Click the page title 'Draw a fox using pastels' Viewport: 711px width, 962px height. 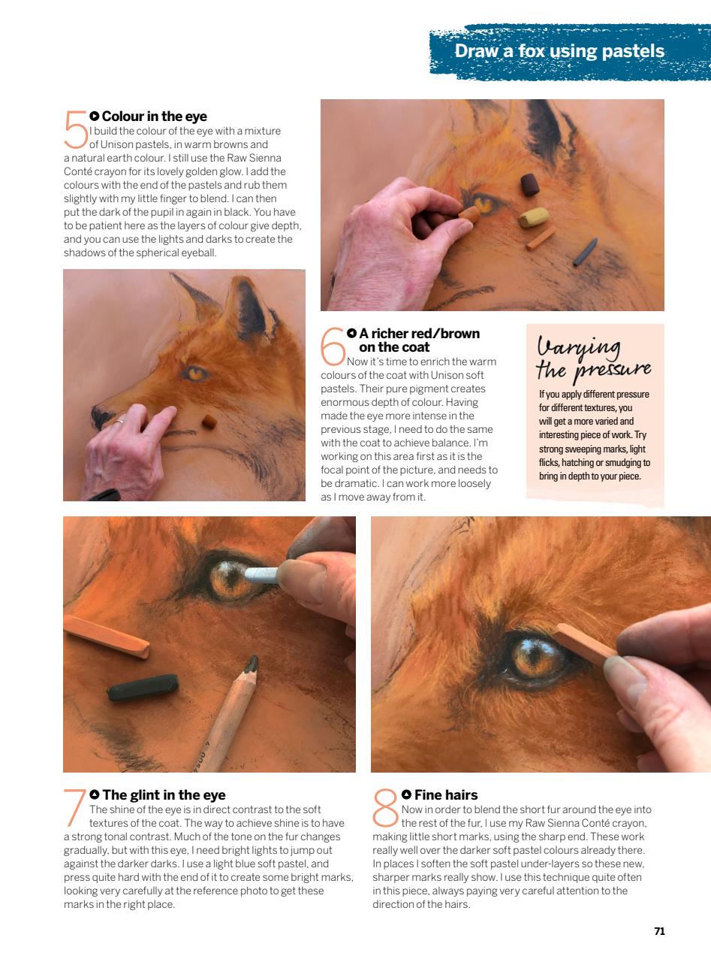pyautogui.click(x=559, y=51)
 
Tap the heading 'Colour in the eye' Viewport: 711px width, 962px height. pyautogui.click(x=154, y=116)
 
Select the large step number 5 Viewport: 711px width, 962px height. pyautogui.click(x=76, y=129)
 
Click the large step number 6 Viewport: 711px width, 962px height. pyautogui.click(x=333, y=346)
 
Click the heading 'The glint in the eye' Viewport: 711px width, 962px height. pyautogui.click(x=164, y=795)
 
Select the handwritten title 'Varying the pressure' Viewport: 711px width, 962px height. pyautogui.click(x=593, y=359)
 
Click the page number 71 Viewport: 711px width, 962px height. pyautogui.click(x=659, y=931)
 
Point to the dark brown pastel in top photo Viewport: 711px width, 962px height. pyautogui.click(x=530, y=184)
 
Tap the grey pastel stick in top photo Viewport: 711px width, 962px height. pyautogui.click(x=585, y=253)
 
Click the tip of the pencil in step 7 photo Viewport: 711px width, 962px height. pyautogui.click(x=253, y=664)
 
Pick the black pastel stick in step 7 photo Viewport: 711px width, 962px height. pyautogui.click(x=143, y=687)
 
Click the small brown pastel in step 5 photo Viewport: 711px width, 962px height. pyautogui.click(x=210, y=422)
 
